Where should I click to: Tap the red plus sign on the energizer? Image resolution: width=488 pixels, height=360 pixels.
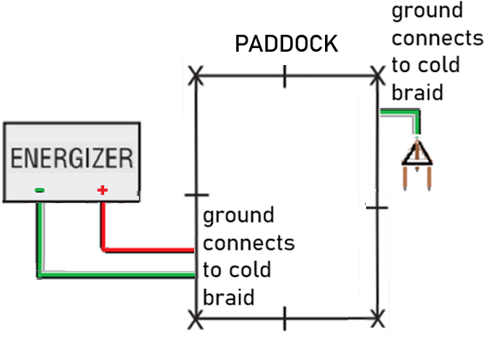click(x=102, y=190)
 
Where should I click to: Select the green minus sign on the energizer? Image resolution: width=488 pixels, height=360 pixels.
click(x=39, y=190)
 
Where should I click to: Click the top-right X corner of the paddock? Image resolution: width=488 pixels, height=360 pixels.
click(x=379, y=78)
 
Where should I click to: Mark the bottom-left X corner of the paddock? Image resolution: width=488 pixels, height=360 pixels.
click(x=196, y=316)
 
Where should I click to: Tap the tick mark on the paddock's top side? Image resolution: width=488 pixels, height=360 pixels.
click(x=285, y=78)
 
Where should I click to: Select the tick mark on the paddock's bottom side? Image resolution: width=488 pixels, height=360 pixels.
click(x=285, y=316)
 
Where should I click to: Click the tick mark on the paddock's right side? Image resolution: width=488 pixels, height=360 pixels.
click(x=378, y=207)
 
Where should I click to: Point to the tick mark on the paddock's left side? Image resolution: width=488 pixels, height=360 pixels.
click(x=195, y=193)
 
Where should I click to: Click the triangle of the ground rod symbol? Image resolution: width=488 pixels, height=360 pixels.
click(x=417, y=153)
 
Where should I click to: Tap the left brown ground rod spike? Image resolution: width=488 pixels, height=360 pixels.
click(x=407, y=181)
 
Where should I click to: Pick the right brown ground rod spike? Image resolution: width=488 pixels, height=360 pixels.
click(x=428, y=181)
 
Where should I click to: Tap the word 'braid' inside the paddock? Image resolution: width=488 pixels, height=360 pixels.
click(x=229, y=297)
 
